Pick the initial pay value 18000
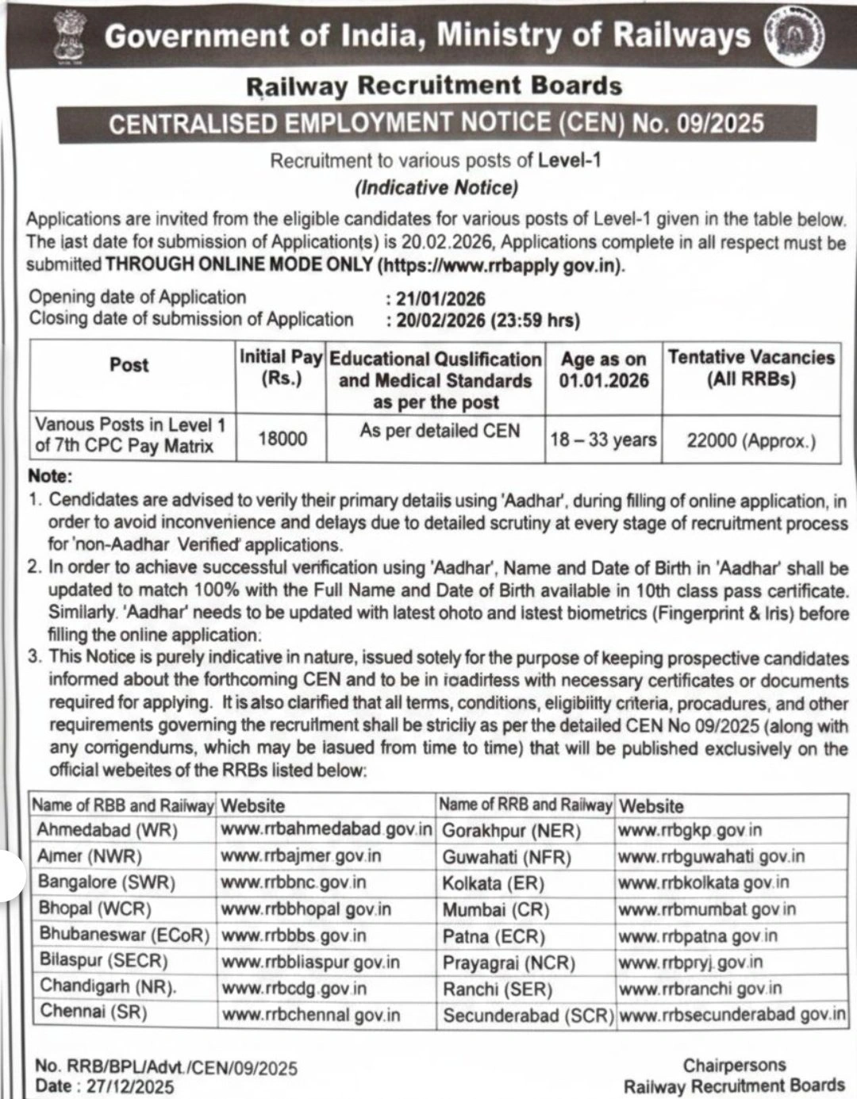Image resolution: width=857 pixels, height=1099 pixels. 282,438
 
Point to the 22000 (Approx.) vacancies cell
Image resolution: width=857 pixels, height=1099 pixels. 751,440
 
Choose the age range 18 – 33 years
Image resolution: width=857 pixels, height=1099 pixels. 603,440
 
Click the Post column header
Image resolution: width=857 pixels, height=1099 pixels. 129,365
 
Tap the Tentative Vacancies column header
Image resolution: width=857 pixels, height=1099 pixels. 751,368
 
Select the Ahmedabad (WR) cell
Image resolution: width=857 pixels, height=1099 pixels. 107,830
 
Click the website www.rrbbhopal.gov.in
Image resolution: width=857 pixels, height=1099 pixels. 306,909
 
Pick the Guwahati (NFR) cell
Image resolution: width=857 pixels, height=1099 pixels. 507,857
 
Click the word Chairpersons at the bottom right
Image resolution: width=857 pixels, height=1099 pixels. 734,1065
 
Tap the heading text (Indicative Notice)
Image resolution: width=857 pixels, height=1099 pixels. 436,188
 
